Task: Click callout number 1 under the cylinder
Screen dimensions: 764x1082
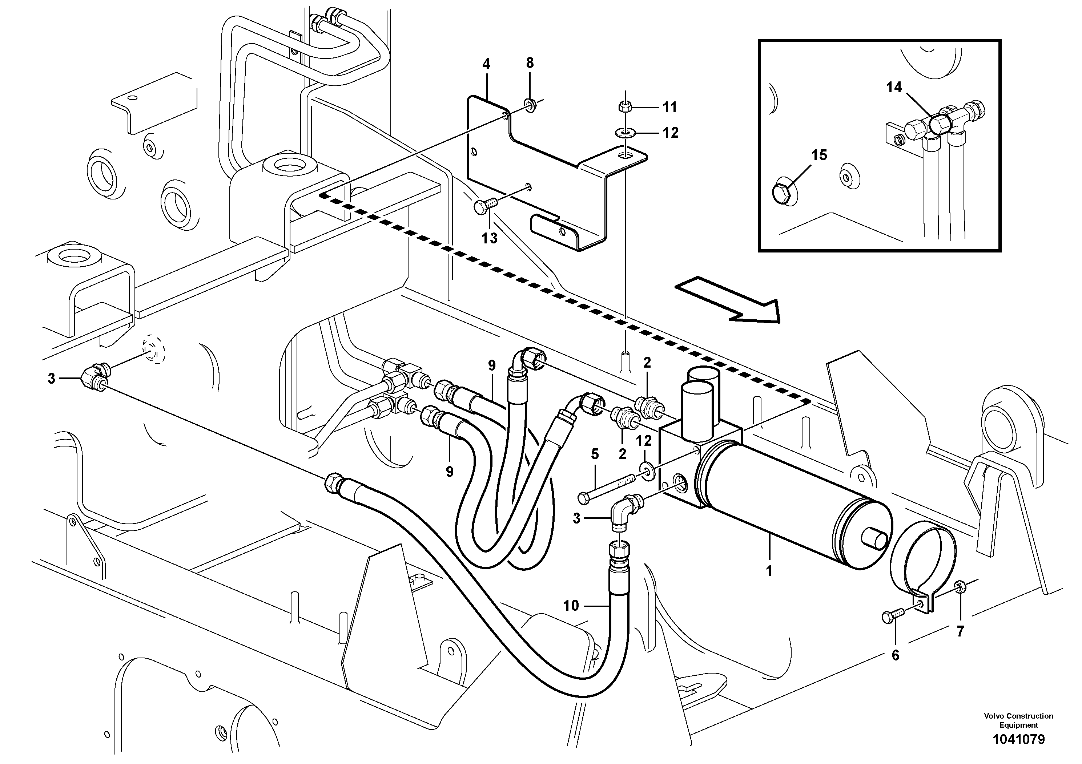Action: pyautogui.click(x=769, y=571)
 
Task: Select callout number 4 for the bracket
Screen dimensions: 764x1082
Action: pyautogui.click(x=486, y=64)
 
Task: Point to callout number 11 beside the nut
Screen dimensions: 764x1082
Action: pyautogui.click(x=669, y=108)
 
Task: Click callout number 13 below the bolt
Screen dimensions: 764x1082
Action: pyautogui.click(x=490, y=238)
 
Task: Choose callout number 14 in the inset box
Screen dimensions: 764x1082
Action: pyautogui.click(x=894, y=87)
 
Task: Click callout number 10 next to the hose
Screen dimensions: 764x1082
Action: pyautogui.click(x=571, y=605)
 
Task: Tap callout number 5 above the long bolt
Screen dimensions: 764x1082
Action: pyautogui.click(x=595, y=454)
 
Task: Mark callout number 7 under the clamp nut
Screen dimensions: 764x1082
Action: pyautogui.click(x=960, y=631)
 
